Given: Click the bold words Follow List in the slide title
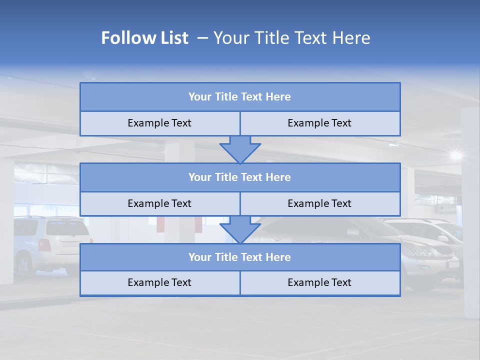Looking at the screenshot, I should [144, 38].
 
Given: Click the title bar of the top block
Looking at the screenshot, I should [240, 97].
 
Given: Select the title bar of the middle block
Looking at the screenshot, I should [240, 177].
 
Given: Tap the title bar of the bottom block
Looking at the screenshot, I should [240, 257].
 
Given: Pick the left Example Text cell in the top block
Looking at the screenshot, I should [159, 123].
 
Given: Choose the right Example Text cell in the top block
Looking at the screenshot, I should [320, 123].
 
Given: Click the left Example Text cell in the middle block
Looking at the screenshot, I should [159, 204].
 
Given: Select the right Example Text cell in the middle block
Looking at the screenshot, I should [320, 204].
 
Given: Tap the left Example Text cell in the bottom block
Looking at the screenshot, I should [159, 283].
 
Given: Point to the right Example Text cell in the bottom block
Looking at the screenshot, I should [320, 283].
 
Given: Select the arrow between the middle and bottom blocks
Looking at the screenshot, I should [240, 229].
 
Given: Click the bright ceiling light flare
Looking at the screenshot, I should [455, 155].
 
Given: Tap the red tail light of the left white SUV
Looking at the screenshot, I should [44, 245].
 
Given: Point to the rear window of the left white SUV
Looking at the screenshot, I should [67, 228].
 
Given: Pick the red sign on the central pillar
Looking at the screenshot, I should [160, 223].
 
